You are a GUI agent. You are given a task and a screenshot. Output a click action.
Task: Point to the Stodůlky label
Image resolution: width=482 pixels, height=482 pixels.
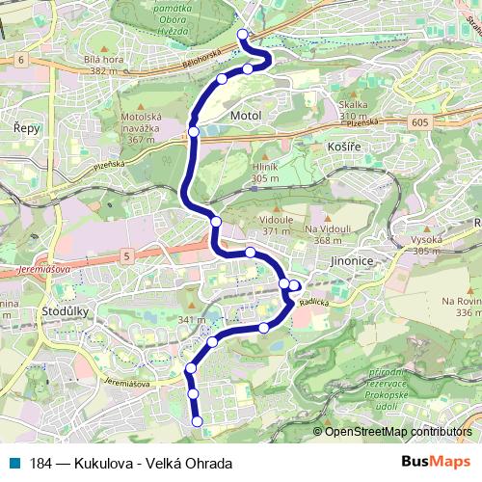click(67, 313)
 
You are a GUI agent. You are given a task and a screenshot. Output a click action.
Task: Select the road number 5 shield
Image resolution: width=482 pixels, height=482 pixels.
click(125, 254)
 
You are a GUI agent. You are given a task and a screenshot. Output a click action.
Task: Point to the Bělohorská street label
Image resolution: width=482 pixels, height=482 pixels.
click(202, 61)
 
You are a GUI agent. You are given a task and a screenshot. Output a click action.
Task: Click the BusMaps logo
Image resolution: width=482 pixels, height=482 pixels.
click(430, 463)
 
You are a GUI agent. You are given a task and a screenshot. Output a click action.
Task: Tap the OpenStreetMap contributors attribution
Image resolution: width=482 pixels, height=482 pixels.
click(398, 432)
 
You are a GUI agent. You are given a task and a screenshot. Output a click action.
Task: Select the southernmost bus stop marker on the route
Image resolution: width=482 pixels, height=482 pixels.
click(198, 420)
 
